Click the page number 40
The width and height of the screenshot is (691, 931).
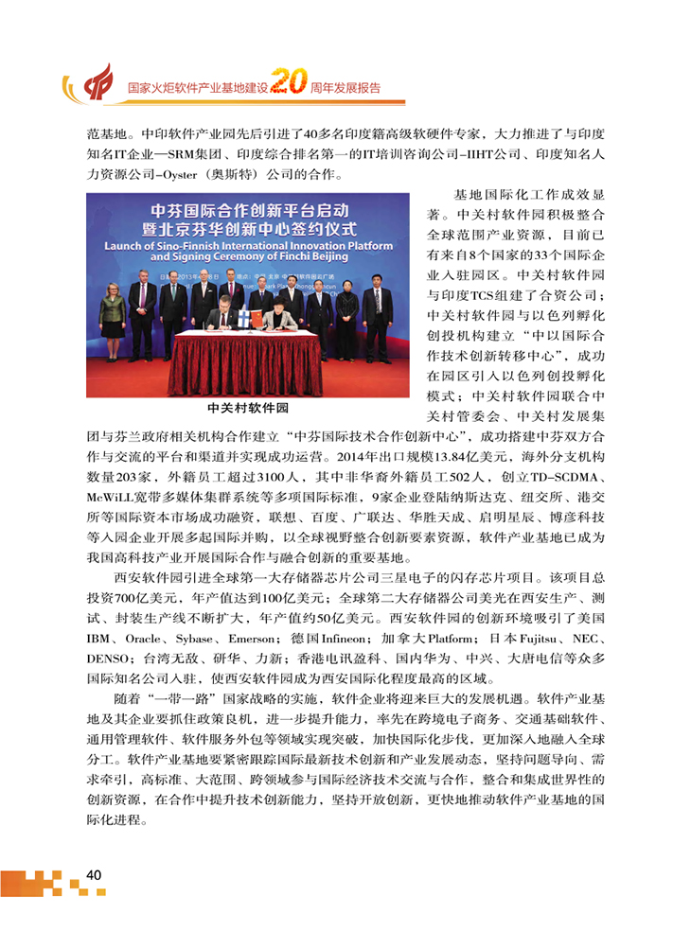coord(93,875)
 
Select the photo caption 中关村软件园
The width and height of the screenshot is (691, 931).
coord(248,409)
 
